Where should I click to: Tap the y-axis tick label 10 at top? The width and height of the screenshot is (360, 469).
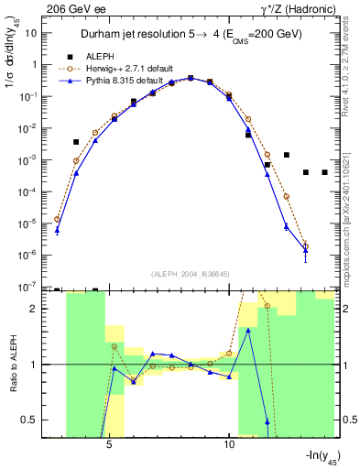tap(33, 33)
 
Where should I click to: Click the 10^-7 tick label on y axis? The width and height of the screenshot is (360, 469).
tap(31, 287)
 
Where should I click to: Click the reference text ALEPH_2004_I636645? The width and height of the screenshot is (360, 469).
tap(190, 273)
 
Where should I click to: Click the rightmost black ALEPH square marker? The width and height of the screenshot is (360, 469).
tap(324, 172)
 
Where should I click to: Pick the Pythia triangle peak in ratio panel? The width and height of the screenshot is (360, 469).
tap(248, 330)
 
